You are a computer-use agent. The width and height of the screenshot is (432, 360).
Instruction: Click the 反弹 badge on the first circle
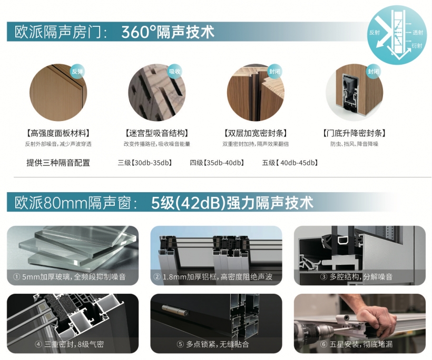pos(77,72)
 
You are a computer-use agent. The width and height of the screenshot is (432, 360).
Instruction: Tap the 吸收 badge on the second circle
pos(175,72)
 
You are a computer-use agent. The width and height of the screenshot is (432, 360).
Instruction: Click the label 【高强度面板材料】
pos(58,134)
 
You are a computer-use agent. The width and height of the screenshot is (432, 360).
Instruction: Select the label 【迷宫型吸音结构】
pos(157,134)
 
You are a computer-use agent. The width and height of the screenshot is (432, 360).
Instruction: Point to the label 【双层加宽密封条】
pos(256,134)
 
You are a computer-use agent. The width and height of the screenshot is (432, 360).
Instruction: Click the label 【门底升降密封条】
pos(355,134)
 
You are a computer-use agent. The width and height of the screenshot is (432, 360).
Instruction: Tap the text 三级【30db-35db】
pos(145,163)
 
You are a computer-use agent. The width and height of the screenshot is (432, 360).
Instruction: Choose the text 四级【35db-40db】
pos(217,163)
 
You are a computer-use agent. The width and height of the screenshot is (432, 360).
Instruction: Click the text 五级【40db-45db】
pos(290,163)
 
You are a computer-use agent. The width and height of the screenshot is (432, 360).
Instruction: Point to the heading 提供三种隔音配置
pos(58,163)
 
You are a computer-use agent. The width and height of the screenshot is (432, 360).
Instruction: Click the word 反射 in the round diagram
pos(375,33)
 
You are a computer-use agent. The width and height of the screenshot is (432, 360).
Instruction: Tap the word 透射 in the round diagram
pos(418,33)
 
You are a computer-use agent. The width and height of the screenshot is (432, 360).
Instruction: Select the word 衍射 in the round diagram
pos(417,45)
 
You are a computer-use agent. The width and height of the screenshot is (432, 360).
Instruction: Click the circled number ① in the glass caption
pos(17,277)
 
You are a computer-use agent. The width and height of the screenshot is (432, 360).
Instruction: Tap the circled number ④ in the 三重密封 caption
pos(38,344)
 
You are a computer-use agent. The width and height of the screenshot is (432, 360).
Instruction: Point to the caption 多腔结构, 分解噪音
pos(361,277)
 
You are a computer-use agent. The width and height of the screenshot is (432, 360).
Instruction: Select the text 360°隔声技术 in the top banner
pos(168,32)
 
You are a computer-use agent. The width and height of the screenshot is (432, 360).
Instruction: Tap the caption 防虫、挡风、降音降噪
pos(355,144)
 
